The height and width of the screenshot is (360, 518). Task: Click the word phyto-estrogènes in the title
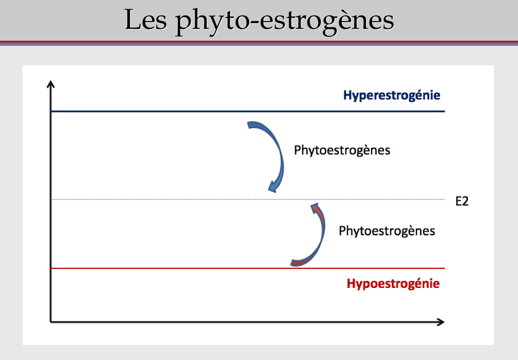[285, 22]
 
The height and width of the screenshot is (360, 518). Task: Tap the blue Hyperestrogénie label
[392, 95]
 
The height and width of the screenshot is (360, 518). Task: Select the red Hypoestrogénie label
[393, 284]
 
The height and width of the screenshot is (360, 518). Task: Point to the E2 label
[462, 201]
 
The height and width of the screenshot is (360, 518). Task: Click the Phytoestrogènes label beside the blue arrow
[342, 150]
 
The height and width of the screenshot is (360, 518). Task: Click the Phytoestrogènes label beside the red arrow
[387, 231]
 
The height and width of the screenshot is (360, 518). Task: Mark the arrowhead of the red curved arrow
[315, 208]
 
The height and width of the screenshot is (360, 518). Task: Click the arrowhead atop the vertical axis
[51, 84]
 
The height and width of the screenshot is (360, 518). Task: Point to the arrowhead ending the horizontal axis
[441, 322]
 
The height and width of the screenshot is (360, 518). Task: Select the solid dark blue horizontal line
[248, 112]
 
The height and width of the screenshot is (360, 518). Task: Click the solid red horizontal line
[248, 268]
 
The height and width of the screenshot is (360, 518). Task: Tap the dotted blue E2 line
[248, 199]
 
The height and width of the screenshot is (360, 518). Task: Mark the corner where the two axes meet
[51, 322]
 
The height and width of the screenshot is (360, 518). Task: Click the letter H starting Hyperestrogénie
[347, 95]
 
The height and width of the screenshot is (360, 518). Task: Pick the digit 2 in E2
[465, 201]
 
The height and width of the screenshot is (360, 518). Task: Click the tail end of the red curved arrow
[293, 263]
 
